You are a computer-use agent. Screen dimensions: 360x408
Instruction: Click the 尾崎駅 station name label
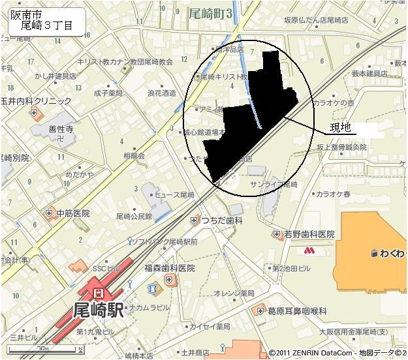99,310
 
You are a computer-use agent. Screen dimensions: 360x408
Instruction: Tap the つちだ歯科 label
222,221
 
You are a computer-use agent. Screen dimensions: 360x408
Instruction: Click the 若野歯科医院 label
309,234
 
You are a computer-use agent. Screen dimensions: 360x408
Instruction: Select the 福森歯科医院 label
170,268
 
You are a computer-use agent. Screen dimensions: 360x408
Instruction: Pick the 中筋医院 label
72,213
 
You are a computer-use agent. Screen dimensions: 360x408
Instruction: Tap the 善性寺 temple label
61,129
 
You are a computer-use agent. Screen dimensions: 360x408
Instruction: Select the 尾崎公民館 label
134,216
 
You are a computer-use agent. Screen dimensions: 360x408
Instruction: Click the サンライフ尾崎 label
274,185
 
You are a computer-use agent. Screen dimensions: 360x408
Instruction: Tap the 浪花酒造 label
161,93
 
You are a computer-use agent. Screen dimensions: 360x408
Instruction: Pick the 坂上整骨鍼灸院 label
343,147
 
